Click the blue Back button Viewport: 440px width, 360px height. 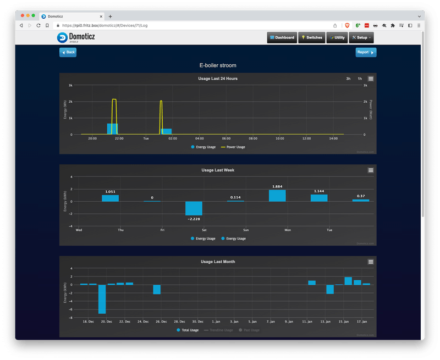tap(68, 52)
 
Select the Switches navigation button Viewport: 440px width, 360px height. tap(312, 37)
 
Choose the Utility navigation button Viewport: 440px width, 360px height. tap(337, 37)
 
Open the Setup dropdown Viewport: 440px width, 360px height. tap(361, 37)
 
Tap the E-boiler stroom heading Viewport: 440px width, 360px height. tap(218, 65)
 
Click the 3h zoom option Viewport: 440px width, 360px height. tap(348, 79)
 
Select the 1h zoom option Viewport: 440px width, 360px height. tap(360, 79)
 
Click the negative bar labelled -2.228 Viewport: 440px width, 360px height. tap(194, 208)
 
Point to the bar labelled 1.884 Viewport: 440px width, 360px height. tap(277, 196)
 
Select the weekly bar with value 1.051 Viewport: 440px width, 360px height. tap(110, 198)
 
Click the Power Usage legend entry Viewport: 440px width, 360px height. tap(233, 147)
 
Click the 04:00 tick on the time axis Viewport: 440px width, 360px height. tap(199, 139)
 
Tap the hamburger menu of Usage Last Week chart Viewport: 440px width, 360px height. tap(371, 170)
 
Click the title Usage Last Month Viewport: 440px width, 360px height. tap(218, 262)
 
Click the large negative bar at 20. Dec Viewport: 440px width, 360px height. tap(102, 298)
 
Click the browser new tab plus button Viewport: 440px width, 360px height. tap(110, 16)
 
